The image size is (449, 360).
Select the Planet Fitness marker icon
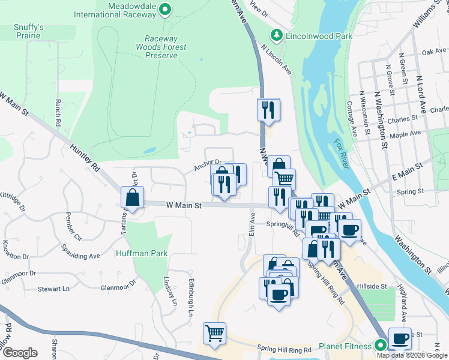380,346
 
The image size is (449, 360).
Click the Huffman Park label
142,253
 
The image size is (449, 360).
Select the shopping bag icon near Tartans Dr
132,196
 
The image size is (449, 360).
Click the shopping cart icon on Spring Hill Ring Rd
215,333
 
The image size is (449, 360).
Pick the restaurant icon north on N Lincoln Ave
268,109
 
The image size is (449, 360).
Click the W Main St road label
183,205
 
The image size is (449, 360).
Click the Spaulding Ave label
81,251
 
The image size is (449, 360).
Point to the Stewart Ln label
53,289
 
